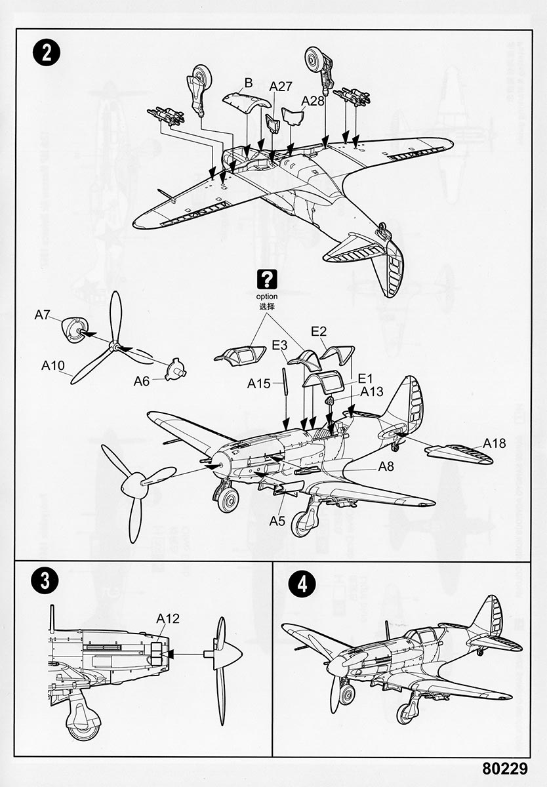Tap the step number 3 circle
[44, 581]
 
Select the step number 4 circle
[302, 584]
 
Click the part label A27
[281, 87]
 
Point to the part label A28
[313, 100]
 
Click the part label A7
[43, 315]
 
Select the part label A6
[142, 380]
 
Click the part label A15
[258, 384]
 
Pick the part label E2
[319, 332]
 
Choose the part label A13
[372, 392]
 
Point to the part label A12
[168, 618]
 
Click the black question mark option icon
[267, 280]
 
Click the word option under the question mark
[267, 296]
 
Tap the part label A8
[386, 467]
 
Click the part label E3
[279, 346]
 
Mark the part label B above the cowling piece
[248, 83]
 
